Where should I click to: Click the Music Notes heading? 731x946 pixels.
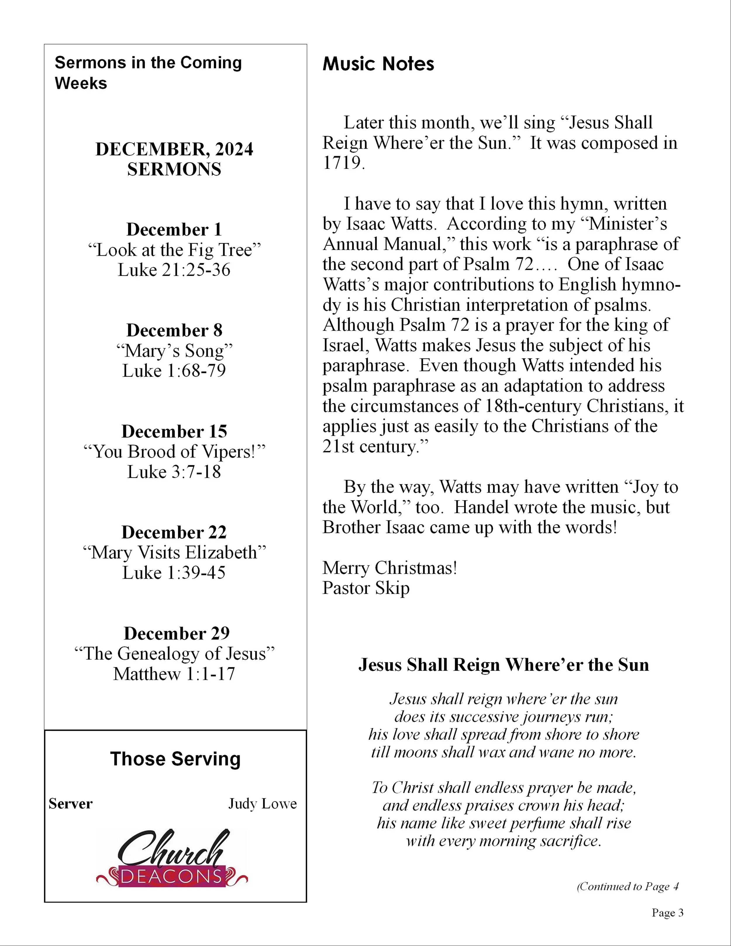click(x=378, y=64)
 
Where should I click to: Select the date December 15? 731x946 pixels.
click(x=174, y=431)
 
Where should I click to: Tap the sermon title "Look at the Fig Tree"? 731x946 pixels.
click(x=174, y=250)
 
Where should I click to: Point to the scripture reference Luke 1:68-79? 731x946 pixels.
click(x=174, y=371)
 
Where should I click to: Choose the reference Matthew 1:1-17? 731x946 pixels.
click(x=174, y=674)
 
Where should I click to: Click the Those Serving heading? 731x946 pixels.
click(x=175, y=759)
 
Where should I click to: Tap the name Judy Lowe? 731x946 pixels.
click(x=263, y=804)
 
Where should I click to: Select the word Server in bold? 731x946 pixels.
click(x=70, y=804)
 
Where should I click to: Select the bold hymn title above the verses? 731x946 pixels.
click(x=504, y=665)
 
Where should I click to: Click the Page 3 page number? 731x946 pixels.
click(x=667, y=913)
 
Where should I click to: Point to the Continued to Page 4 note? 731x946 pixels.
click(x=627, y=886)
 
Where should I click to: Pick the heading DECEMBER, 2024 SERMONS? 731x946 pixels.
click(x=174, y=159)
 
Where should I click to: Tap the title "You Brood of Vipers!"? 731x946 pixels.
click(x=174, y=452)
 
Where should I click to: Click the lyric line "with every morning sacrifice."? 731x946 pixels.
click(x=504, y=841)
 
